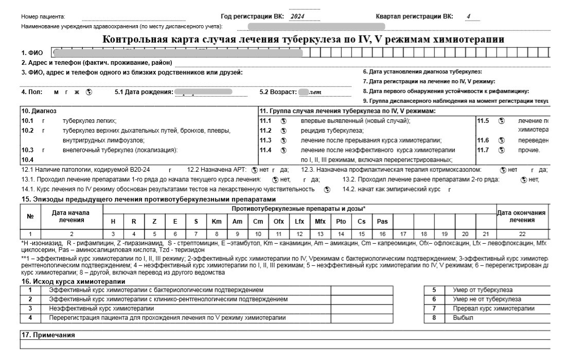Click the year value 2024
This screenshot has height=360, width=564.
(x=297, y=16)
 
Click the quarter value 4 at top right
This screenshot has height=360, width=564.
(x=469, y=16)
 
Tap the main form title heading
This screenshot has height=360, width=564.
(x=304, y=40)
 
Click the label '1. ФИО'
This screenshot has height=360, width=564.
(x=32, y=53)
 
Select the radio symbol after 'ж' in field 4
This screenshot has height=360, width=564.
(x=89, y=92)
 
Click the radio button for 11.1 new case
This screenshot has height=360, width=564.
(x=283, y=121)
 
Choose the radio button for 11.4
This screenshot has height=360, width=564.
(x=283, y=150)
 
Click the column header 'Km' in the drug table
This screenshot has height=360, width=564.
(x=217, y=222)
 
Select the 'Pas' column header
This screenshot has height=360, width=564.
(x=382, y=222)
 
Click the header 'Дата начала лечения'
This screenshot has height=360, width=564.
(x=71, y=217)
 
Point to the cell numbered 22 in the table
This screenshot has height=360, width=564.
(x=522, y=234)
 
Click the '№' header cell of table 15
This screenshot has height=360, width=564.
(x=30, y=217)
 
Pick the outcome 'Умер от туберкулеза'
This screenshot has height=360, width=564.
(x=479, y=290)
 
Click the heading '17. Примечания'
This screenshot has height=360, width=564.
(x=47, y=335)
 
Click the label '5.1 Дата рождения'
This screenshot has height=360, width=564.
(x=143, y=92)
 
